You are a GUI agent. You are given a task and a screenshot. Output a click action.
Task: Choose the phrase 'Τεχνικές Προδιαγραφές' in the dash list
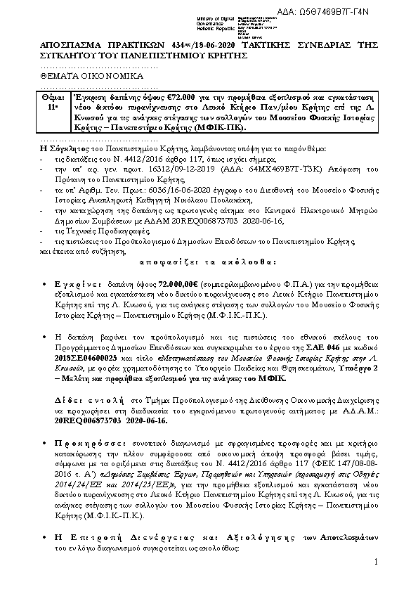pos(81,231)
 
